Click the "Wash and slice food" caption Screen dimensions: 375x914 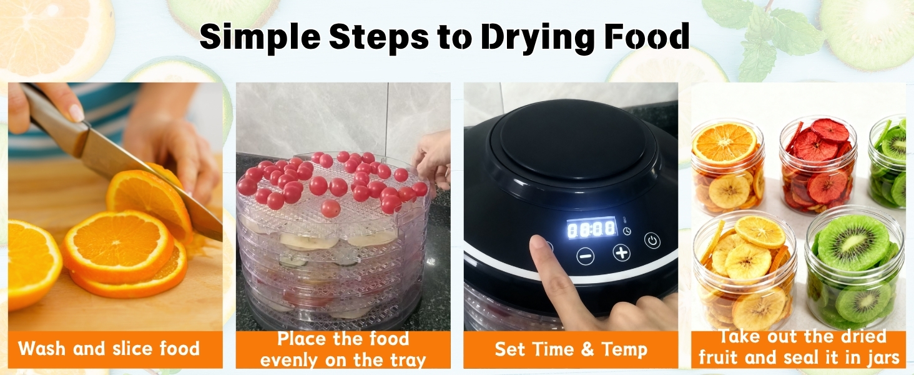109,348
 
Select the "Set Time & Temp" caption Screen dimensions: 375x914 571,349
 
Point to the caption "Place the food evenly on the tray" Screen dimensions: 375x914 343,349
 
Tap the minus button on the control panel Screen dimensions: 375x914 586,255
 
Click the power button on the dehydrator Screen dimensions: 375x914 652,240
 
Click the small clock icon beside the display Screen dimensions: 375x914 626,231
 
